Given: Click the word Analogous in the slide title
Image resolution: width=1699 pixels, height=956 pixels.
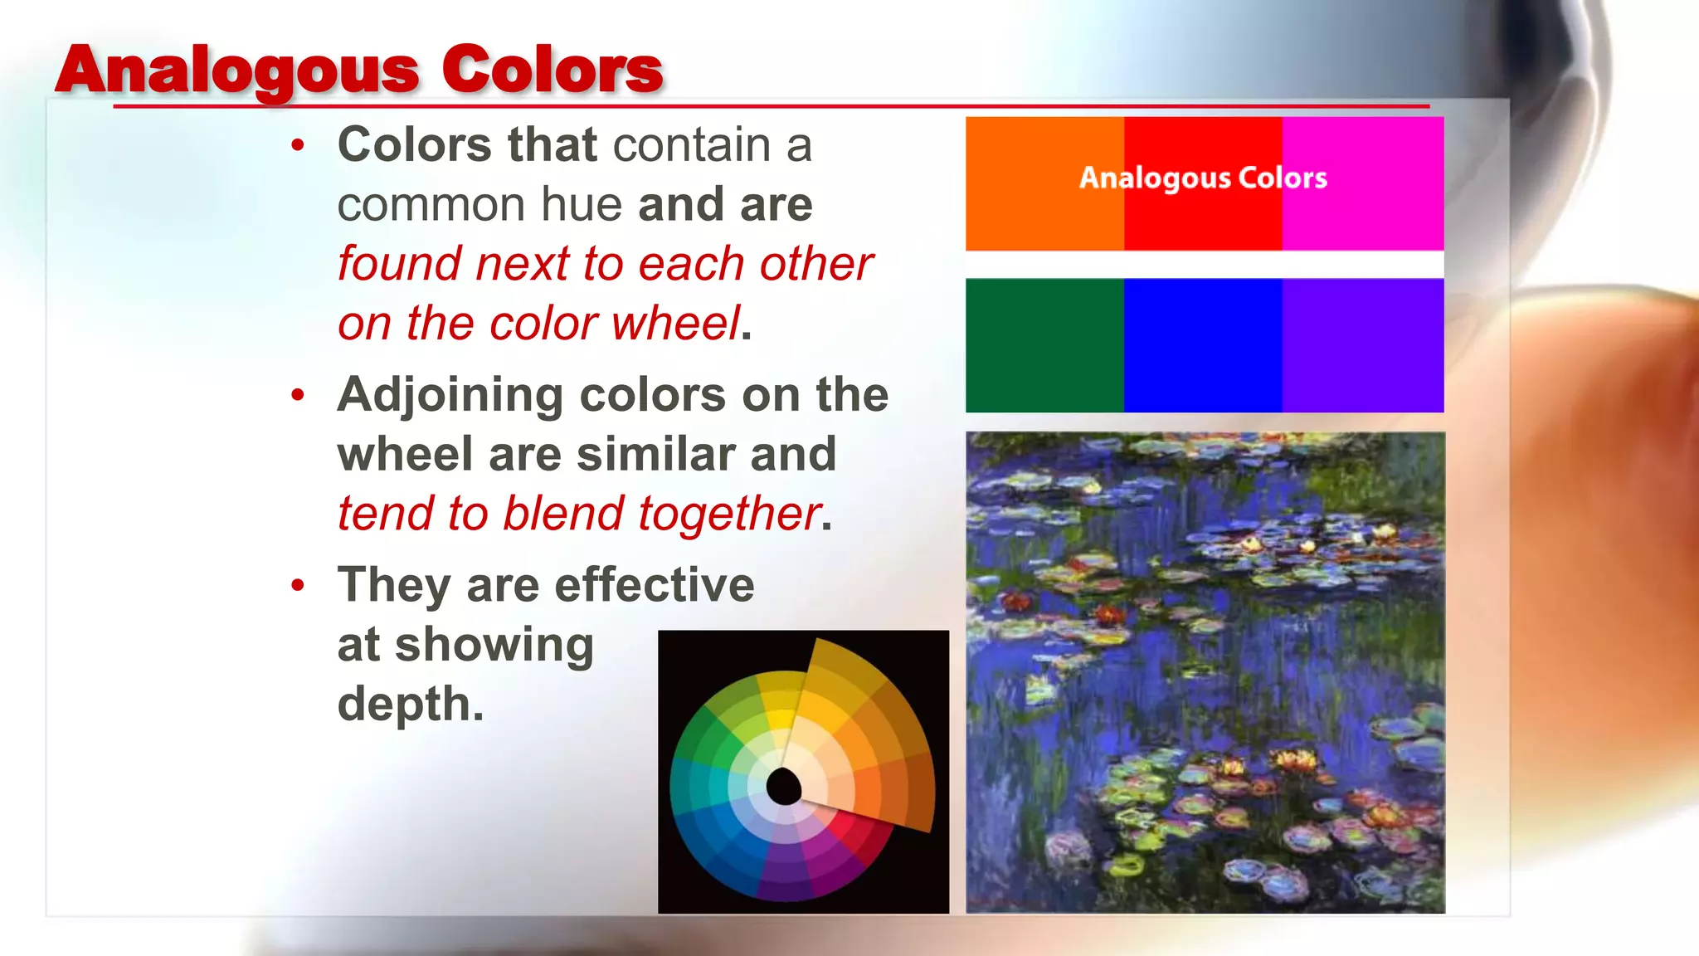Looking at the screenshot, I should tap(237, 71).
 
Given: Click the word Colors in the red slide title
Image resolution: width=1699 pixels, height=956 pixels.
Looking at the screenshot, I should tap(552, 71).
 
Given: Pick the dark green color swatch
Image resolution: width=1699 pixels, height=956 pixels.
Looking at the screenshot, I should tap(1044, 345).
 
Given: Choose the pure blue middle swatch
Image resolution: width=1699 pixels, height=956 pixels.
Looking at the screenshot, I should tap(1203, 345).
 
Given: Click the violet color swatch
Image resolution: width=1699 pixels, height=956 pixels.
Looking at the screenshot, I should tap(1363, 345).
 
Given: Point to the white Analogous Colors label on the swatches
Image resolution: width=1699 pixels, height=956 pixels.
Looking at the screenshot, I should tap(1203, 178).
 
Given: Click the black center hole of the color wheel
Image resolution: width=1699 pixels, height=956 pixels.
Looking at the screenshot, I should tap(783, 785).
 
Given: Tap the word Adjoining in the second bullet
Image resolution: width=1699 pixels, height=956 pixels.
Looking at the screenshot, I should tap(450, 395).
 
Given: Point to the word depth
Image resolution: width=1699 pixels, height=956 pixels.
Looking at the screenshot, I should tap(410, 704).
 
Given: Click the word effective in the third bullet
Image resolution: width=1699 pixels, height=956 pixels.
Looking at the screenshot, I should tap(655, 585).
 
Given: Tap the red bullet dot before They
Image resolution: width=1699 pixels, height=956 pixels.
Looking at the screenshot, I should tap(298, 586).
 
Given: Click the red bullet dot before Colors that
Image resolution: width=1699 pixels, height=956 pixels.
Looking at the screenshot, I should tap(298, 146).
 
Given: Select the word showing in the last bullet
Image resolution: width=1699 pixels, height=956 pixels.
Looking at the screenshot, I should tap(494, 646).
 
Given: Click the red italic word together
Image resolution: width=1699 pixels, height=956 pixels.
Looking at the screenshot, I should tap(730, 513).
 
